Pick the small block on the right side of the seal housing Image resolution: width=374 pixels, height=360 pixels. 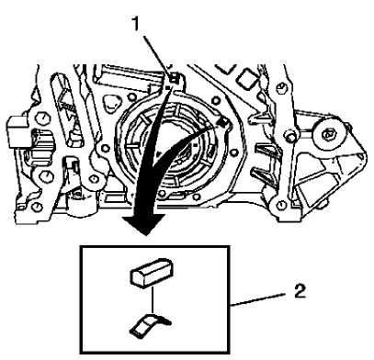pyautogui.click(x=223, y=120)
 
